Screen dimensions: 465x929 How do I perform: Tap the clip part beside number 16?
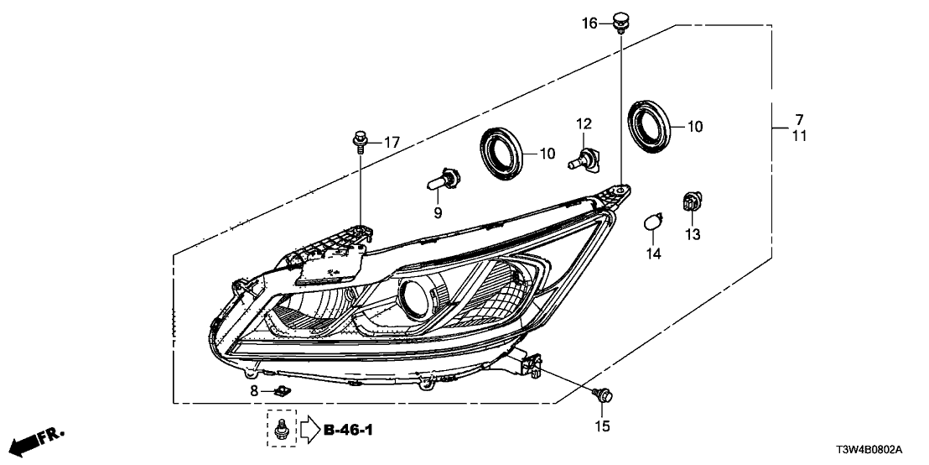click(620, 20)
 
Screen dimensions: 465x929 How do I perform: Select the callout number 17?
click(392, 142)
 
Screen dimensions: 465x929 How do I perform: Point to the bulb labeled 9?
click(445, 180)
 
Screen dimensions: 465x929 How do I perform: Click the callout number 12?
click(584, 124)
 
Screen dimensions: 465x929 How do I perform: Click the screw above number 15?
click(604, 393)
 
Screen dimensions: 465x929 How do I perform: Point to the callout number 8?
click(254, 390)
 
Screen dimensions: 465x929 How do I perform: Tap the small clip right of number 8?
click(282, 390)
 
